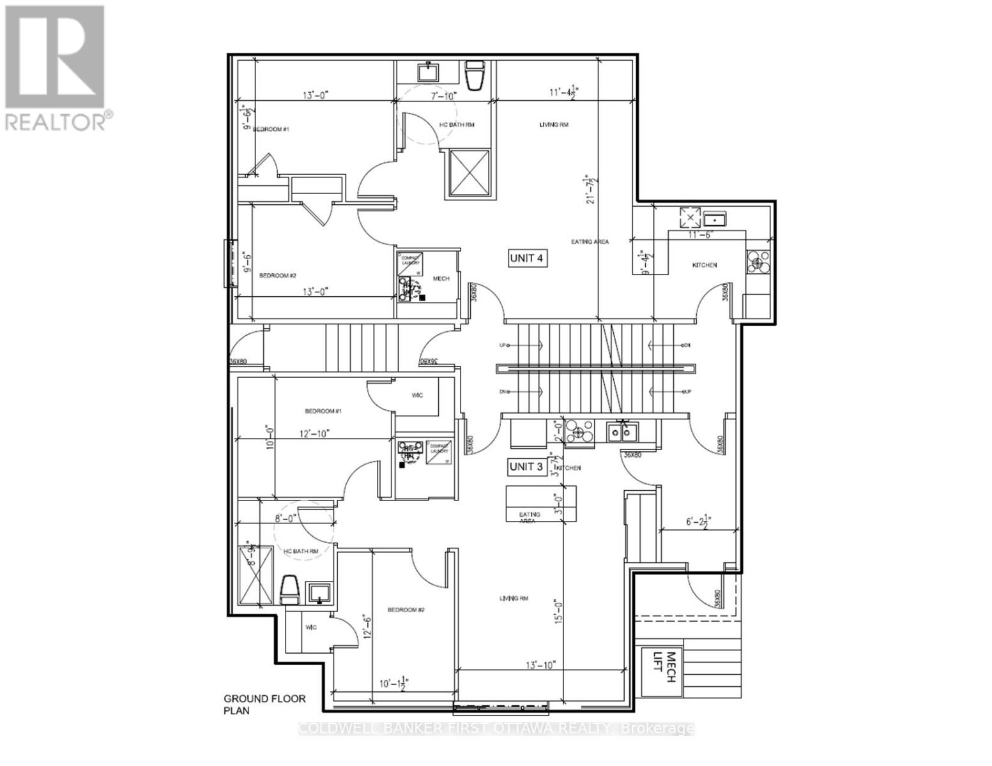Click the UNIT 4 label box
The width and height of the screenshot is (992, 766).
point(528,258)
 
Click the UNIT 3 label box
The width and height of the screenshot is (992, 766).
point(526,467)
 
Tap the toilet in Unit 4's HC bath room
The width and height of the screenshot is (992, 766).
point(475,75)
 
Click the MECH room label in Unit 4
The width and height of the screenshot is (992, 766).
point(441,278)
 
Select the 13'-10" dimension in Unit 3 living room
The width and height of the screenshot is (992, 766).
point(540,665)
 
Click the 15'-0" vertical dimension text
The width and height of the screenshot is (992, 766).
point(558,610)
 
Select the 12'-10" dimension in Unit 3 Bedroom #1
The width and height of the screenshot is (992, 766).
point(314,433)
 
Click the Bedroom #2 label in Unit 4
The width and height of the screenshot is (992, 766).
point(278,276)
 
